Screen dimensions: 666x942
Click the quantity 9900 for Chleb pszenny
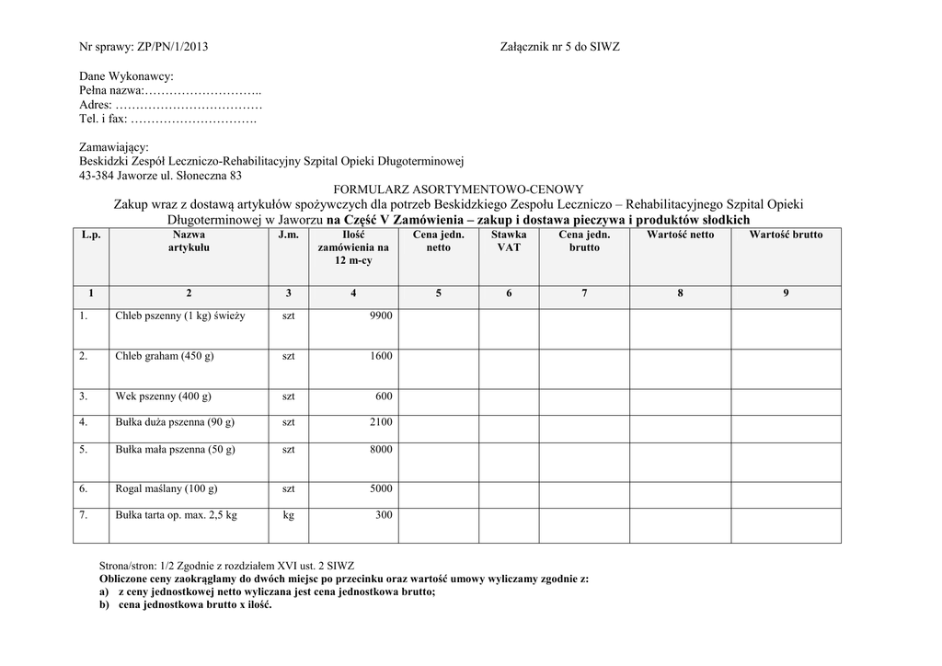380,316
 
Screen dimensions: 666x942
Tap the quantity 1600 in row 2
381,356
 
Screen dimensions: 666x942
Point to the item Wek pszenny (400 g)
163,396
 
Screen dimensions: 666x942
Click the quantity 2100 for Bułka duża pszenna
381,422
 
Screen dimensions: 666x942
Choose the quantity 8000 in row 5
381,450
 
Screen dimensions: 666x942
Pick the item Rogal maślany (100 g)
166,489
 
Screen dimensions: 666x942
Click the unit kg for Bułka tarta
288,515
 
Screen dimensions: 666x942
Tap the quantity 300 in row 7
384,515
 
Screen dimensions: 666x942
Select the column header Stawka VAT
509,241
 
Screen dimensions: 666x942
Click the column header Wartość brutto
786,235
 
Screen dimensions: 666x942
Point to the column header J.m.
288,235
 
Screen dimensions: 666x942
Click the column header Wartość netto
680,235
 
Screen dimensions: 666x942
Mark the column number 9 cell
786,293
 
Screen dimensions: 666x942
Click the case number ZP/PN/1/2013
172,46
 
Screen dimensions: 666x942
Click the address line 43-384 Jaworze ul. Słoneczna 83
161,175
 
